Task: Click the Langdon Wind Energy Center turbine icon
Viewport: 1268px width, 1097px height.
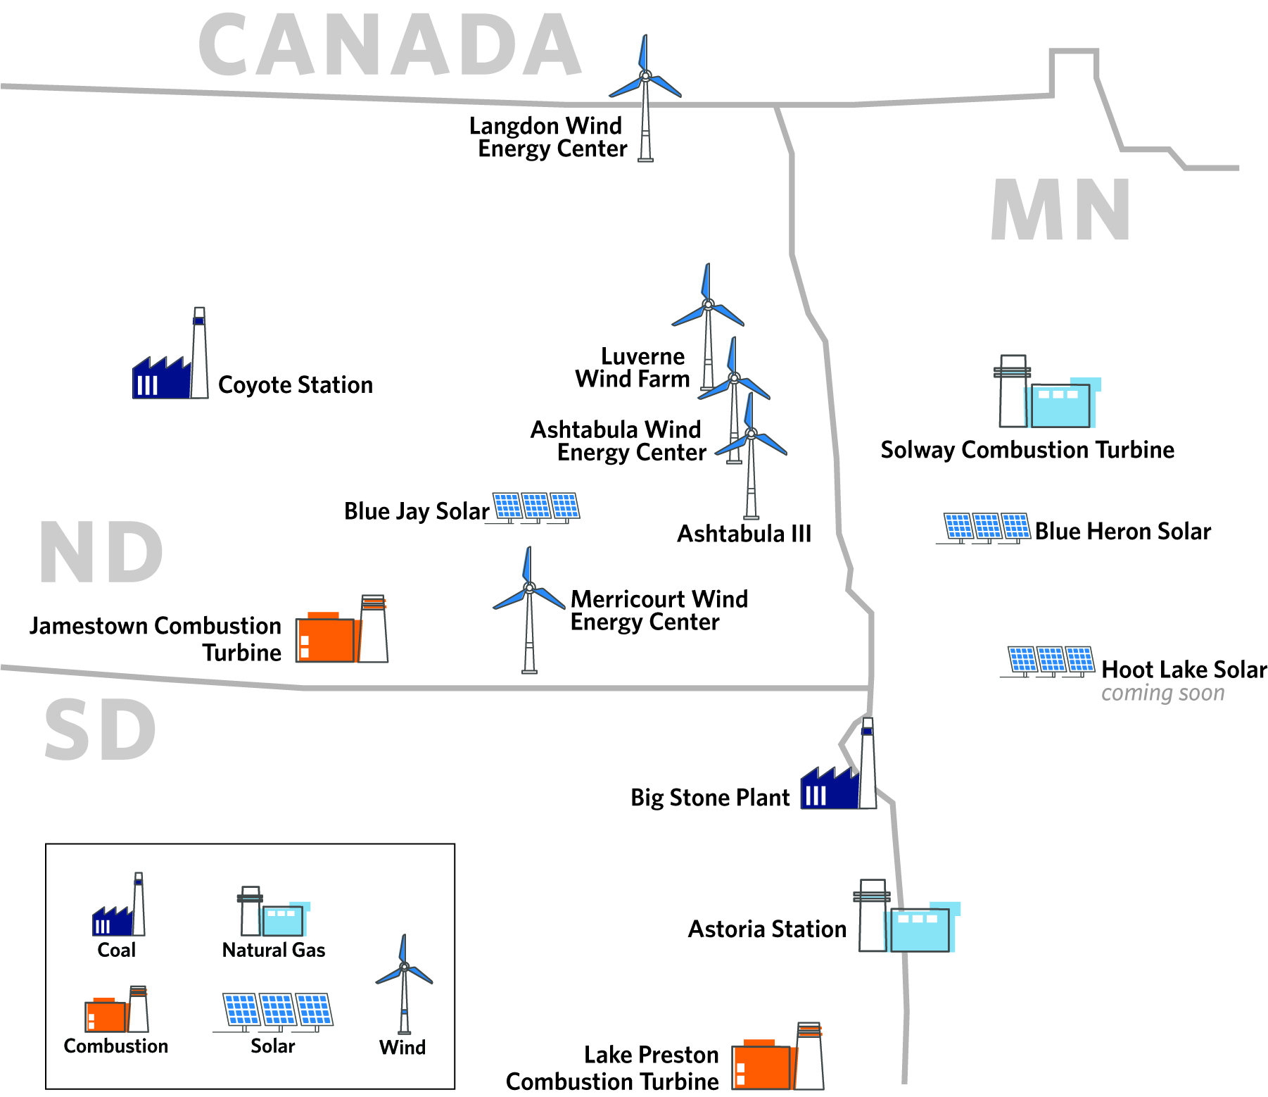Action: pos(645,99)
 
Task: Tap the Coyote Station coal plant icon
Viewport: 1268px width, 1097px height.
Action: pos(171,353)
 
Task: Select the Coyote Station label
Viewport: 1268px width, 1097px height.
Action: pos(296,385)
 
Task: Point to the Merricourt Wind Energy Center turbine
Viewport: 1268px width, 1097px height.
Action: pos(529,610)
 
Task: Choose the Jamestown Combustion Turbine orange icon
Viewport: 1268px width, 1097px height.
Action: pos(342,629)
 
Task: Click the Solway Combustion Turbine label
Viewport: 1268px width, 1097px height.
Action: pos(1027,450)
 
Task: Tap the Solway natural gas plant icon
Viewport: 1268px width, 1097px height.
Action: pos(1047,391)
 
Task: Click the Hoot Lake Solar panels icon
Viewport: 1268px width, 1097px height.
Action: pos(1048,661)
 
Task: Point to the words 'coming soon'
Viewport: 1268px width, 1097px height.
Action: pos(1163,693)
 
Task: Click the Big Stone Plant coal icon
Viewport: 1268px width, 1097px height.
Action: pos(839,763)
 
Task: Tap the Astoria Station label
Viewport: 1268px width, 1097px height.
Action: pos(767,929)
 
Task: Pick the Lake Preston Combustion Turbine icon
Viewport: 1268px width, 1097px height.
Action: pos(778,1056)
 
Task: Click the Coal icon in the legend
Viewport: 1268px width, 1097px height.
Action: pos(118,905)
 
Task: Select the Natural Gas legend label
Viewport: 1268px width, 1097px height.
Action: pos(274,951)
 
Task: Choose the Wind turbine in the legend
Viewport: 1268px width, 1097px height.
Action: pos(404,984)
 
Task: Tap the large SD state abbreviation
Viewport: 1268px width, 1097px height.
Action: pos(100,730)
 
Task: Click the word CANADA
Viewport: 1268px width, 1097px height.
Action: pos(390,45)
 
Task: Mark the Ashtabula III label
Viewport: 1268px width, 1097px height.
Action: pos(744,534)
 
